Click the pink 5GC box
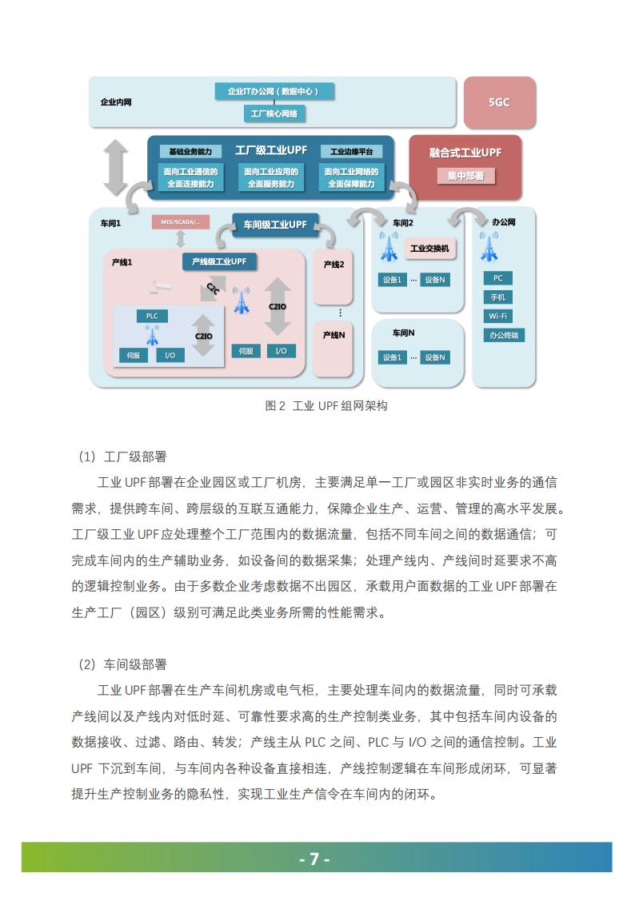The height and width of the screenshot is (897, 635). click(x=499, y=102)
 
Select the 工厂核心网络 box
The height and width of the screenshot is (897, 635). click(x=274, y=114)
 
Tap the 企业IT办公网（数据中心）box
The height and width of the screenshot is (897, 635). click(x=274, y=91)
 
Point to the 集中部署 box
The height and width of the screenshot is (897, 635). click(x=465, y=176)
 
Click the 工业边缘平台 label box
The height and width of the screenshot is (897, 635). click(x=351, y=151)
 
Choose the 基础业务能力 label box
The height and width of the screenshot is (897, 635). click(x=190, y=151)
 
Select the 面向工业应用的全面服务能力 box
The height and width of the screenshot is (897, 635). click(x=271, y=177)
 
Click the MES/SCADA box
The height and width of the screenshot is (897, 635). click(x=180, y=222)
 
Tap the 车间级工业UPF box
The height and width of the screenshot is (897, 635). click(x=275, y=225)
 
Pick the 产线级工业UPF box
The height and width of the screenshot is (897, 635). click(x=219, y=261)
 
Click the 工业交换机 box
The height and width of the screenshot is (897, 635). click(x=429, y=249)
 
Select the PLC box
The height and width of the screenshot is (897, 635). click(x=152, y=316)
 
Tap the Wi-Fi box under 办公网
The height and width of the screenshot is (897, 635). click(x=497, y=316)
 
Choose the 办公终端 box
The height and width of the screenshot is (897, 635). click(x=503, y=335)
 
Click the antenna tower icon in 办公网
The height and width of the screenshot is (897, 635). click(x=489, y=246)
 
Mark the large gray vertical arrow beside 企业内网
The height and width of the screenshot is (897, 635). click(x=115, y=167)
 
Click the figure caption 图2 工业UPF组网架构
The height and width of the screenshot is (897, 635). click(x=326, y=405)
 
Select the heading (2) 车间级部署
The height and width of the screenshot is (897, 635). click(x=122, y=664)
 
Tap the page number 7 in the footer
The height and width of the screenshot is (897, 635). click(x=314, y=859)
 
